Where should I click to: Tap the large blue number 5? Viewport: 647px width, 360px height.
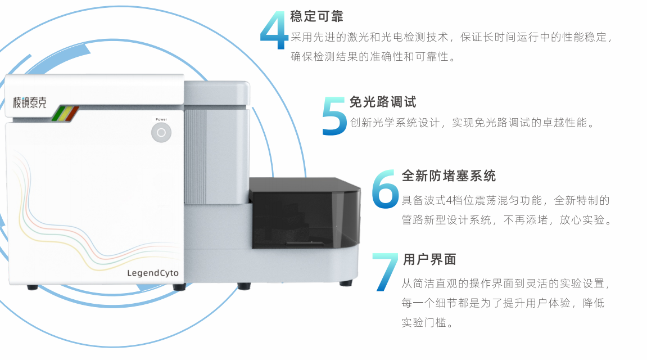click(x=334, y=116)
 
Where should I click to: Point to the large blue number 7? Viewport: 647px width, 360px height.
click(x=386, y=272)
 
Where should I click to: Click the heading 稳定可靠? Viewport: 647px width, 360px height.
click(x=317, y=16)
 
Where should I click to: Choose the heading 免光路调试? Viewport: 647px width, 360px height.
click(x=383, y=102)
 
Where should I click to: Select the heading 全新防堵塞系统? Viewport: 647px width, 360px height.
click(x=449, y=176)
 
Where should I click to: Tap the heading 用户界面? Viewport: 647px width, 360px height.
click(x=429, y=259)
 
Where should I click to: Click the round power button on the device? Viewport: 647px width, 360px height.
click(x=161, y=133)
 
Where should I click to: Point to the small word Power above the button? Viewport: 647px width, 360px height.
click(x=161, y=119)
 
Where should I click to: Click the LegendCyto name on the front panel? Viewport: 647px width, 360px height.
click(x=153, y=273)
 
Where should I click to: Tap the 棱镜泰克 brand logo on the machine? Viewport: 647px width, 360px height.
click(x=30, y=102)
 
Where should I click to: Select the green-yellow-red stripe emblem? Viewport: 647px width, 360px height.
click(x=65, y=114)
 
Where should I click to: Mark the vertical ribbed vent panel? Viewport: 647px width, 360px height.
click(x=195, y=157)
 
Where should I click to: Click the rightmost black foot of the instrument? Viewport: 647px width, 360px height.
click(x=346, y=283)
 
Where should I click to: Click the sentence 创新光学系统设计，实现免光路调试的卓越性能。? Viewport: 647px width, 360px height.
click(x=473, y=123)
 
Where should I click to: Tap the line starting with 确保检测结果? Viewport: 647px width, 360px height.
click(x=373, y=57)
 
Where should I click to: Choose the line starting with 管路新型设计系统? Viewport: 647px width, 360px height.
click(x=507, y=219)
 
